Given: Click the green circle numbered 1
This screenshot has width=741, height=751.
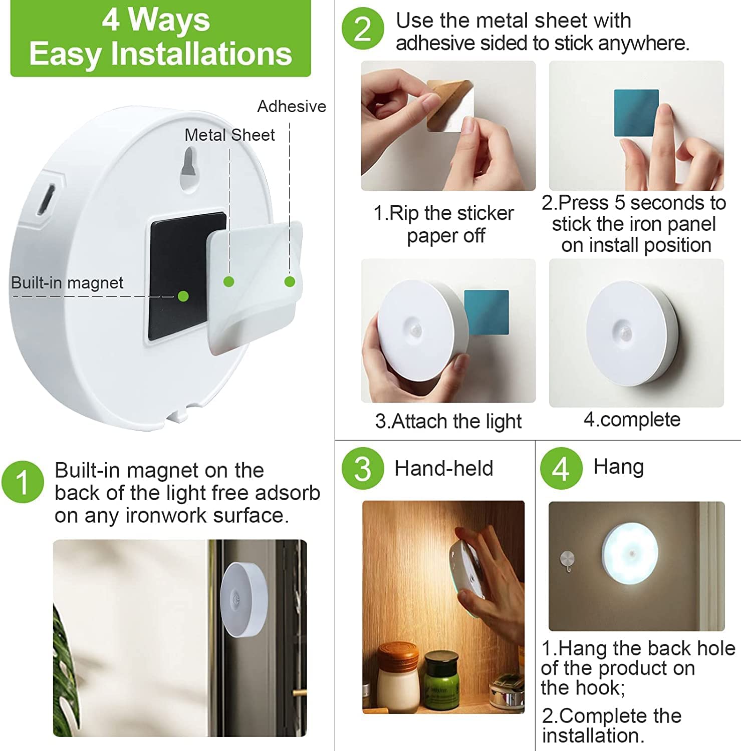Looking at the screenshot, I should [x=23, y=482].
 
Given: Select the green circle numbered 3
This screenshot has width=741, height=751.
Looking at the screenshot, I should [x=363, y=468].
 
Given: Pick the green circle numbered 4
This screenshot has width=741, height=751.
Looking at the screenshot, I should [x=561, y=468].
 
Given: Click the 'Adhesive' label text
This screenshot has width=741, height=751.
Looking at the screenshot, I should [x=291, y=107].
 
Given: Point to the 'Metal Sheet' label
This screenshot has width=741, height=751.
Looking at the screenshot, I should [x=229, y=135].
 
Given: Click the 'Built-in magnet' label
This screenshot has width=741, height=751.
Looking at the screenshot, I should [x=67, y=283].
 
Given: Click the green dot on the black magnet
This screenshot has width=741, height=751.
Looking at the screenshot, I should [x=183, y=296].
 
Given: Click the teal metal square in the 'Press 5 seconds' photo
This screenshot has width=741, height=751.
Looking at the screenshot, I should [x=636, y=113].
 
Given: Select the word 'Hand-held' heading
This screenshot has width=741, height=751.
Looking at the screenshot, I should [x=443, y=469].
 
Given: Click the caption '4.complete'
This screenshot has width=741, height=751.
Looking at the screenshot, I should [x=632, y=420].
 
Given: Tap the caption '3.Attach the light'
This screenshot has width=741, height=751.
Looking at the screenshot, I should [x=448, y=422].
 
